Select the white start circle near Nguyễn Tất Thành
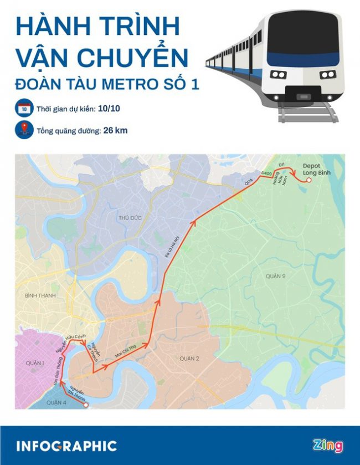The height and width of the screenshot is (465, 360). tap(86, 405)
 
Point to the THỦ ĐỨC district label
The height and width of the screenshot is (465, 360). tap(130, 218)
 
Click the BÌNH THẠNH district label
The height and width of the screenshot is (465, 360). tap(40, 296)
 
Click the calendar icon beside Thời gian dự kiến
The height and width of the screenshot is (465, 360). tap(24, 108)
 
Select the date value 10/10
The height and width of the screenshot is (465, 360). tap(109, 108)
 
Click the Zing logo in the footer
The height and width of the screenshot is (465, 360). tap(327, 446)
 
